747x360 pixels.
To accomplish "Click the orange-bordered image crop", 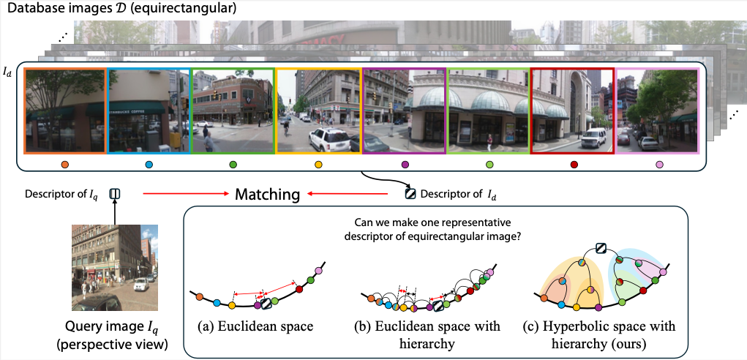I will pos(66,110).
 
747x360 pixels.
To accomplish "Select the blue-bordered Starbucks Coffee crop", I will pos(149,110).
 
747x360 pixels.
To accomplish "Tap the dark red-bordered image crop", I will pos(572,110).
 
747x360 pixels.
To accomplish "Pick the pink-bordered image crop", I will pos(657,110).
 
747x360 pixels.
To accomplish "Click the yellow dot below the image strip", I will pos(318,165).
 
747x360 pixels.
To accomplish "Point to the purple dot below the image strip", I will pos(405,165).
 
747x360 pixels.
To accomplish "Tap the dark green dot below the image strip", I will pos(233,165).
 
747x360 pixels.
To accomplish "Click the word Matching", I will pos(267,195).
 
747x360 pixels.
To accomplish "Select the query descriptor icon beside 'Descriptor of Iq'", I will pos(114,194).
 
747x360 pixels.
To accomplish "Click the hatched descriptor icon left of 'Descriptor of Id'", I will pos(410,194).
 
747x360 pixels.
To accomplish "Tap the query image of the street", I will pos(114,268).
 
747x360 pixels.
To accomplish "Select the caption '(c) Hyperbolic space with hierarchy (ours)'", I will pos(600,333).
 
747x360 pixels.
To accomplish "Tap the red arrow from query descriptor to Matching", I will pos(182,195).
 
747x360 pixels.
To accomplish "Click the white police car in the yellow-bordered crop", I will pos(327,138).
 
